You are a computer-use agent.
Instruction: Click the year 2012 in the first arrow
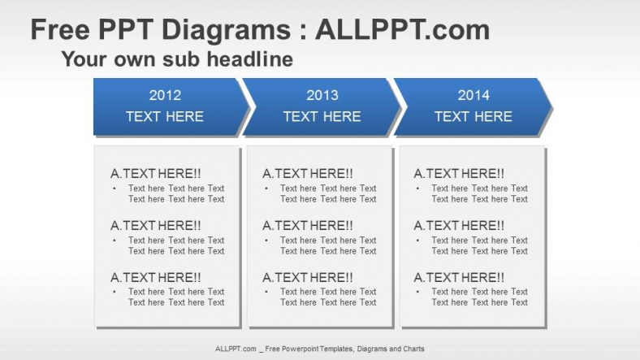[x=165, y=95]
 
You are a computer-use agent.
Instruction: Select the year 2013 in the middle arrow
[x=322, y=95]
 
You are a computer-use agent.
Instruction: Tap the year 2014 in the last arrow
[x=474, y=95]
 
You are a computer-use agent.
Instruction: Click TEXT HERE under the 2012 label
[x=165, y=116]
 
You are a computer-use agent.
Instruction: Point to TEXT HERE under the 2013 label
[x=322, y=116]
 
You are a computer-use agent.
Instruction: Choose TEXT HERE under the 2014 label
[x=474, y=116]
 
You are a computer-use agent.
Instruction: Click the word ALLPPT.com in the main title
[x=402, y=30]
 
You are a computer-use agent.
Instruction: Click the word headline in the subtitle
[x=249, y=59]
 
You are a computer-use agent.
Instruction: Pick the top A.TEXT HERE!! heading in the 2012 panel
[x=156, y=173]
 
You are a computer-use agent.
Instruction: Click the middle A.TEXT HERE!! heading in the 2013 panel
[x=308, y=225]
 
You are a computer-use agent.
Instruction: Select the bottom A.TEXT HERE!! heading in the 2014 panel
[x=459, y=277]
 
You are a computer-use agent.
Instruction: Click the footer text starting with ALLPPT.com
[x=319, y=349]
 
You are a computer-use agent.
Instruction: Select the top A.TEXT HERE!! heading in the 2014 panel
[x=459, y=173]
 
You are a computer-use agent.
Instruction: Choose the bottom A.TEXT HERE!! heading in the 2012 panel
[x=156, y=277]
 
